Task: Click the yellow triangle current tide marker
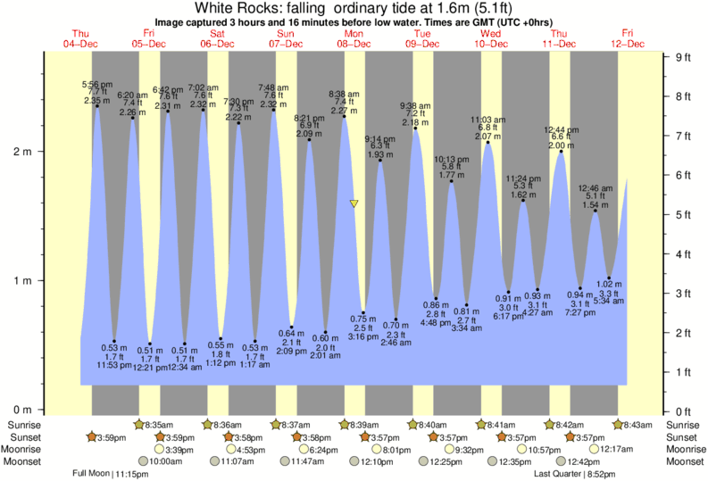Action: (354, 204)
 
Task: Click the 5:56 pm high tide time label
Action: (96, 84)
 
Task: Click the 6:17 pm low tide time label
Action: (507, 316)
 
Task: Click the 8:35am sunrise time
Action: (157, 425)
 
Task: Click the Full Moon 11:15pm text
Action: (111, 474)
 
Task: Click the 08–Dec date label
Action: (354, 43)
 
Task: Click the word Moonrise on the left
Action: (27, 449)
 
